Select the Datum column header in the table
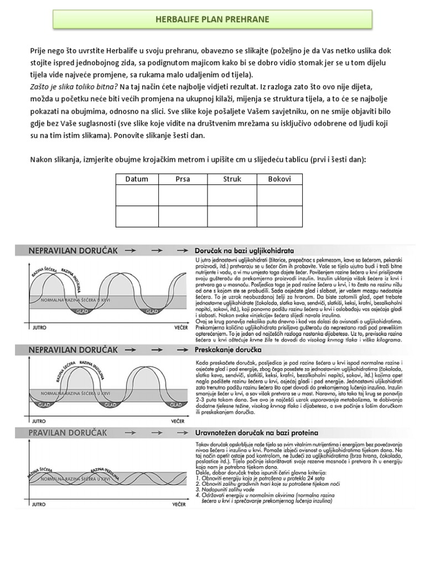coord(137,179)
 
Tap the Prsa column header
coord(183,179)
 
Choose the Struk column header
coord(232,179)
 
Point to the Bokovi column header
coord(279,179)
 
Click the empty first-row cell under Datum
coord(137,195)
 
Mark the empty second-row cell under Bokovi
coord(279,216)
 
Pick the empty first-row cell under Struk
coord(232,195)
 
